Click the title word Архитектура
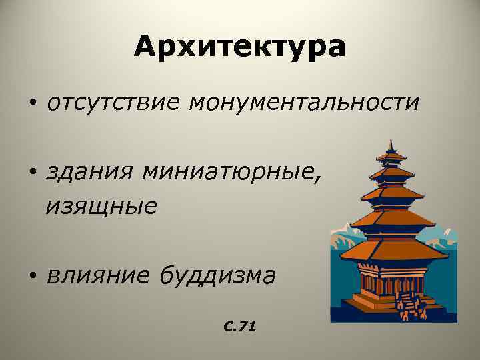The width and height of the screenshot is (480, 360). tap(239, 47)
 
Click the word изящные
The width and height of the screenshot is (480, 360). tap(101, 206)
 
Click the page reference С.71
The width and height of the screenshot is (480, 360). tap(241, 327)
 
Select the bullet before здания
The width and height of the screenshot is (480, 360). tap(32, 174)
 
